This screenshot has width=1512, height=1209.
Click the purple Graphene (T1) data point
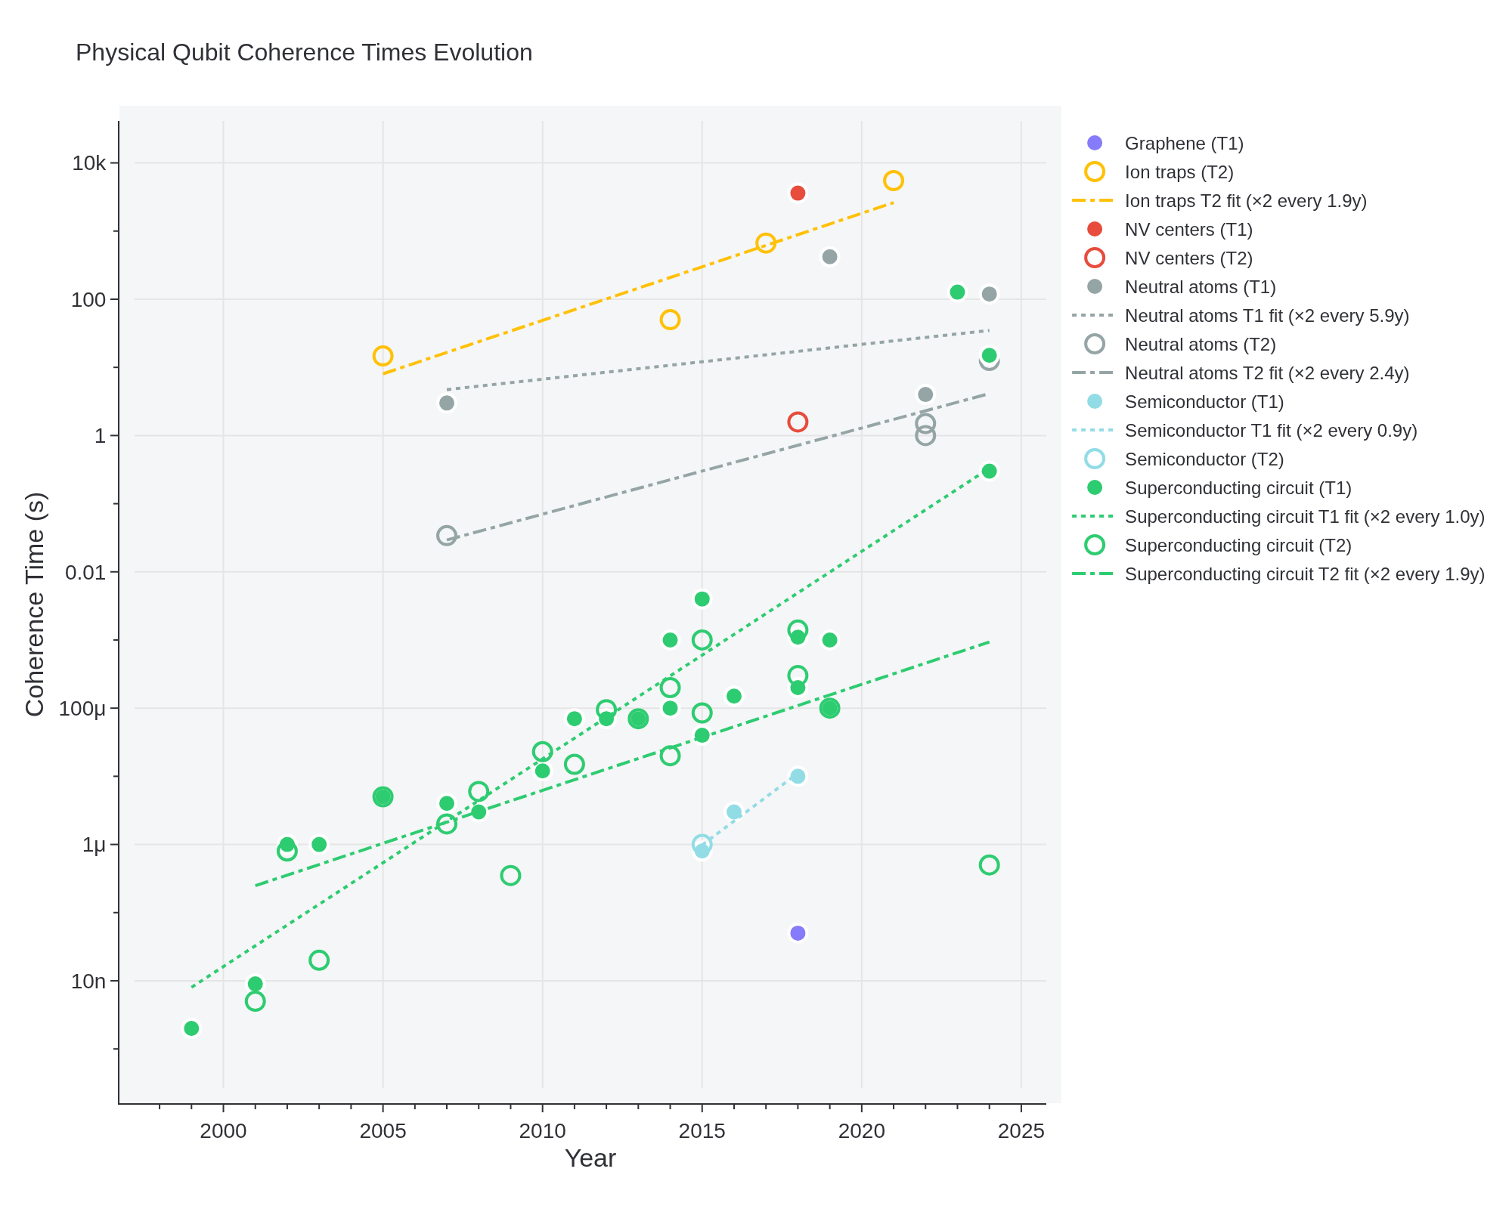click(x=798, y=933)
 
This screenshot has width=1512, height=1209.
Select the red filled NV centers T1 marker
click(x=798, y=193)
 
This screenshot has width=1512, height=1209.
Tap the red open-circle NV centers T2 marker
click(x=798, y=422)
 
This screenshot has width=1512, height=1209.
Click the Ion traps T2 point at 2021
click(x=894, y=181)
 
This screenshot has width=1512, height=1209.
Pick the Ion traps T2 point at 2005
click(x=383, y=356)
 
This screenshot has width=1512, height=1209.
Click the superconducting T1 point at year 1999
click(x=191, y=1028)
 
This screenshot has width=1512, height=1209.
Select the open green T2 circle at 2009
click(x=510, y=876)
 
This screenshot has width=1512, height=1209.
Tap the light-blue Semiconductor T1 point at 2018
click(x=798, y=776)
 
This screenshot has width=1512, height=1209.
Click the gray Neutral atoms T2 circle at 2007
click(x=447, y=536)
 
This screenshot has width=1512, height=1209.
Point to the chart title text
click(x=304, y=53)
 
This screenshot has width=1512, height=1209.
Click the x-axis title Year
click(x=590, y=1158)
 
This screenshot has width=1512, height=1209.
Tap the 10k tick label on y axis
click(x=91, y=163)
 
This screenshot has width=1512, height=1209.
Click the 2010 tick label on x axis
click(x=542, y=1131)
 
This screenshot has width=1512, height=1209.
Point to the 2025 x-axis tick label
click(x=1021, y=1131)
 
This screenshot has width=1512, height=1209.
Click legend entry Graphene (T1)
click(x=1183, y=144)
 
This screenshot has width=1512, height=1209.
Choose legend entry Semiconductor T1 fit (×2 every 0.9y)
click(x=1270, y=431)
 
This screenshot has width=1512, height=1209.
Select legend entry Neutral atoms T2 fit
click(x=1266, y=373)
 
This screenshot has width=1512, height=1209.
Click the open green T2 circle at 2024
click(x=989, y=864)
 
